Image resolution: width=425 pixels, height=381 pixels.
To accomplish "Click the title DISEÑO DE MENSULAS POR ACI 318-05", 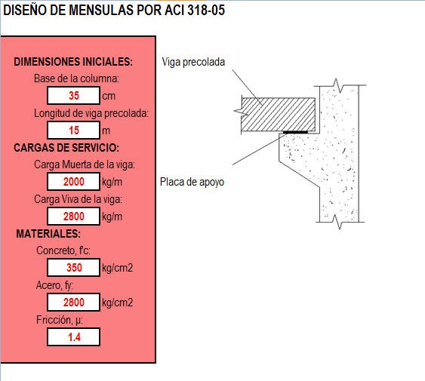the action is pos(114,10).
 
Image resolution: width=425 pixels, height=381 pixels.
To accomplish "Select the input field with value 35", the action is pos(73,95).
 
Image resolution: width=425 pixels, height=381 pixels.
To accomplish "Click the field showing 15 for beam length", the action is pos(73,130).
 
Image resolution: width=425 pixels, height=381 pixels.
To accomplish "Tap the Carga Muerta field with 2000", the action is pos(73,182).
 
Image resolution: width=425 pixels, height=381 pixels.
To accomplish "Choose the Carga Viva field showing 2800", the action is pos(73,217).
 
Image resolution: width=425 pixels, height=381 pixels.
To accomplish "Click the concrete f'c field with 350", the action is pos(73,268).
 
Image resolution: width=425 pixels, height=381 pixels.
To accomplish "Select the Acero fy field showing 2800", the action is pos(73,302).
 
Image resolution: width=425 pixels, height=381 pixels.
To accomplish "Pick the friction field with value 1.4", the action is pos(73,336).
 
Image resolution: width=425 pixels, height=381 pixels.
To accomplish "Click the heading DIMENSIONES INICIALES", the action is pos(73,62).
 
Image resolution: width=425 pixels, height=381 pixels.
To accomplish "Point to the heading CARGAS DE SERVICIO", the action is pos(66,148).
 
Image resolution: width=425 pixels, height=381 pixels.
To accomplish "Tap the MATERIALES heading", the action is pos(48,234).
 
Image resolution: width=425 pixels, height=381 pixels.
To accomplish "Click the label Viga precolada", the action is pos(193,62).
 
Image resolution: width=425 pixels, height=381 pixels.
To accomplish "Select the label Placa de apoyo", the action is pos(192,182).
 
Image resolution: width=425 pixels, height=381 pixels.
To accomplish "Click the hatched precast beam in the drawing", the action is pos(279,115).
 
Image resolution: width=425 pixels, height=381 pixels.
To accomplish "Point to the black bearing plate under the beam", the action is pos(295,132).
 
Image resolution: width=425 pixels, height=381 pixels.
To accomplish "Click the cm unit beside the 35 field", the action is pos(109,96).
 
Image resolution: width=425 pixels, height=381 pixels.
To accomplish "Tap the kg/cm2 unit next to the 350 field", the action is pos(117,268).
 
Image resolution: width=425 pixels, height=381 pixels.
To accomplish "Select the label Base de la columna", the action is pos(76,78).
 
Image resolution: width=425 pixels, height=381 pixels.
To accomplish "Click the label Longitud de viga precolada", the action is pos(91,113).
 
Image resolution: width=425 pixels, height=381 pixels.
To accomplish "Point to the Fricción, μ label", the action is pos(60,320).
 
